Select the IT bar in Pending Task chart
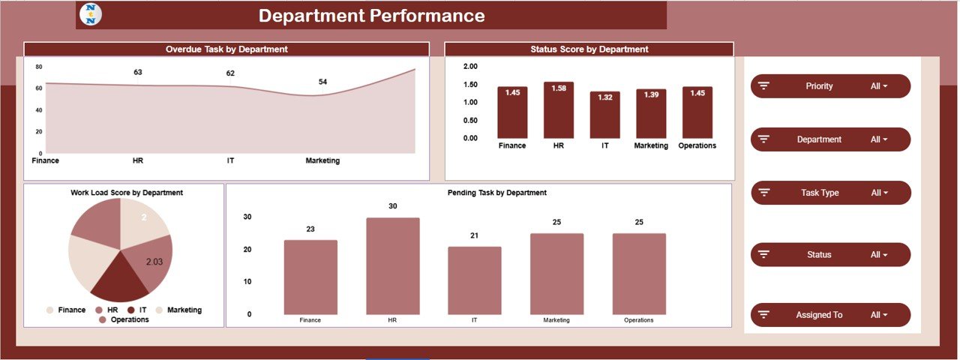(474, 280)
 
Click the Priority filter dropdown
(830, 86)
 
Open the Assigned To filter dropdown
(830, 315)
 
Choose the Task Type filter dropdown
(830, 193)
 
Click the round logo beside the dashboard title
(91, 15)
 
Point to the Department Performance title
(371, 16)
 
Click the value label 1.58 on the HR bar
(559, 89)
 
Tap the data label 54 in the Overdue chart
(322, 82)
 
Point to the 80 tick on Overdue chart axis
(37, 66)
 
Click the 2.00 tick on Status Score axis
(470, 67)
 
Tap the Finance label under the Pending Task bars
(310, 320)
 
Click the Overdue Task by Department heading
(226, 49)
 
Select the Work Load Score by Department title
(127, 193)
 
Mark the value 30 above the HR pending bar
(392, 206)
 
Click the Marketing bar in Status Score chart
(651, 114)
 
